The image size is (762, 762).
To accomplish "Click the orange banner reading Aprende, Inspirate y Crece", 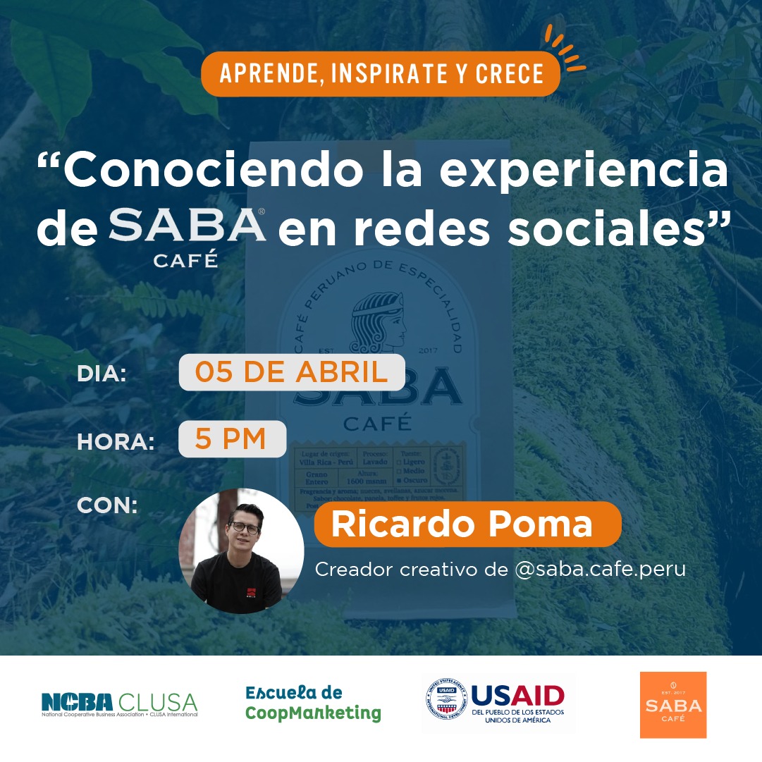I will pyautogui.click(x=381, y=73).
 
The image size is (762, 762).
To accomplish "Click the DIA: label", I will pyautogui.click(x=102, y=374).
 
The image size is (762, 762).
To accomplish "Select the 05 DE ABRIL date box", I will pyautogui.click(x=291, y=372).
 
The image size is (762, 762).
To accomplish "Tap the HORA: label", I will pyautogui.click(x=115, y=441).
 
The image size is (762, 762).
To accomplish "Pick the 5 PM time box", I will pyautogui.click(x=232, y=439).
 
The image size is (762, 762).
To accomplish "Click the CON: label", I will pyautogui.click(x=107, y=505).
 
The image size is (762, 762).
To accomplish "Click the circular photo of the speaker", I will pyautogui.click(x=241, y=551).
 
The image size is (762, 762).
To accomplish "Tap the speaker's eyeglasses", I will pyautogui.click(x=245, y=527).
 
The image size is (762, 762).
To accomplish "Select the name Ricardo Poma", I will pyautogui.click(x=462, y=524).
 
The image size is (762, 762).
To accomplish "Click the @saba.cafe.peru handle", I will pyautogui.click(x=600, y=570).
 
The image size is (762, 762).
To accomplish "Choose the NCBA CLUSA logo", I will pyautogui.click(x=119, y=703).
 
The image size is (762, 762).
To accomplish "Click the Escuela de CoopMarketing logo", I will pyautogui.click(x=312, y=703).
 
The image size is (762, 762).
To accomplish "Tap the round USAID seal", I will pyautogui.click(x=445, y=703).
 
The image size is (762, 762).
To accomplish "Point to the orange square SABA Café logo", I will pyautogui.click(x=672, y=704).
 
